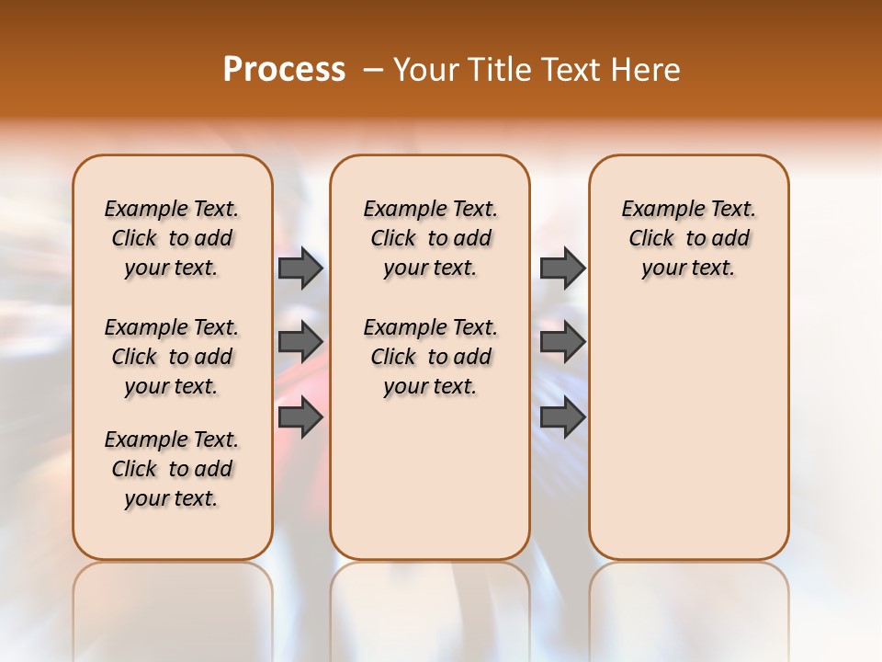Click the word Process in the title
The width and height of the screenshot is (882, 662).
coord(284,70)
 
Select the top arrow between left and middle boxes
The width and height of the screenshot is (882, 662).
coord(300,268)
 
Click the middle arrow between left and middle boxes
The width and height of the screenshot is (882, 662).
coord(300,342)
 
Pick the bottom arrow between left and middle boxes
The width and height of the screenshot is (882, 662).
coord(300,417)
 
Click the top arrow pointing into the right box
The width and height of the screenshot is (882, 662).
coord(562,268)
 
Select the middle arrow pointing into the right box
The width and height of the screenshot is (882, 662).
coord(562,342)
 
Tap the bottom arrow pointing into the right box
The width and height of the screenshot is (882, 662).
coord(562,417)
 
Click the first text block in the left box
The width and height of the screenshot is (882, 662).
coord(172,238)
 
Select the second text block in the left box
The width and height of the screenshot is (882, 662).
coord(172,357)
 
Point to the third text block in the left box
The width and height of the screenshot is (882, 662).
coord(172,469)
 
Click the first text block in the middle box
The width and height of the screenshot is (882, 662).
coord(430,238)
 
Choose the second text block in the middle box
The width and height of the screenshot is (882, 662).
coord(430,357)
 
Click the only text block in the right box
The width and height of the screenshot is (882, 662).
coord(688,238)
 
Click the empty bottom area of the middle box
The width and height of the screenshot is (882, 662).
coord(430,487)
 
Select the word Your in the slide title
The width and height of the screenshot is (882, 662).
coord(424,70)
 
